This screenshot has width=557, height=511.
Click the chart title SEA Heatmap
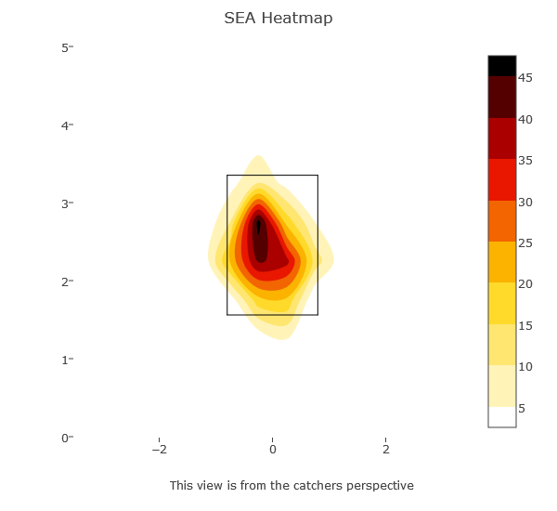point(278,19)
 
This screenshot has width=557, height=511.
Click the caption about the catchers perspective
point(291,486)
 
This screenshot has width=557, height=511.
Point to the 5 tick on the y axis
point(66,47)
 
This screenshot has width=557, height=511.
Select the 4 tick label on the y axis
point(66,125)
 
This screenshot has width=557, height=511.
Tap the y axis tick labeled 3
point(66,203)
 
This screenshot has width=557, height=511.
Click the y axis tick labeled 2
point(66,282)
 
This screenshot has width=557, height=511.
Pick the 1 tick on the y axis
point(66,360)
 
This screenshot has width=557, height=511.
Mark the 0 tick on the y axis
point(66,438)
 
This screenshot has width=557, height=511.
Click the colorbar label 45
point(525,78)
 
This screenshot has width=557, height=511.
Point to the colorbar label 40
point(525,120)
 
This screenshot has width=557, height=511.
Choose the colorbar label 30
point(525,202)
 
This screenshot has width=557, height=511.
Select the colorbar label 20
point(525,284)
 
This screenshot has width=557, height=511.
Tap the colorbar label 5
point(523,408)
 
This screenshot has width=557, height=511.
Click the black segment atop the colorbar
point(502,65)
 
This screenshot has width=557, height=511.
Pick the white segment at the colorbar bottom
point(502,417)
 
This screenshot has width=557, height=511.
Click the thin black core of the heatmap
point(258,226)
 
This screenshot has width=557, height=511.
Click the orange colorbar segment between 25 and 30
point(502,221)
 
